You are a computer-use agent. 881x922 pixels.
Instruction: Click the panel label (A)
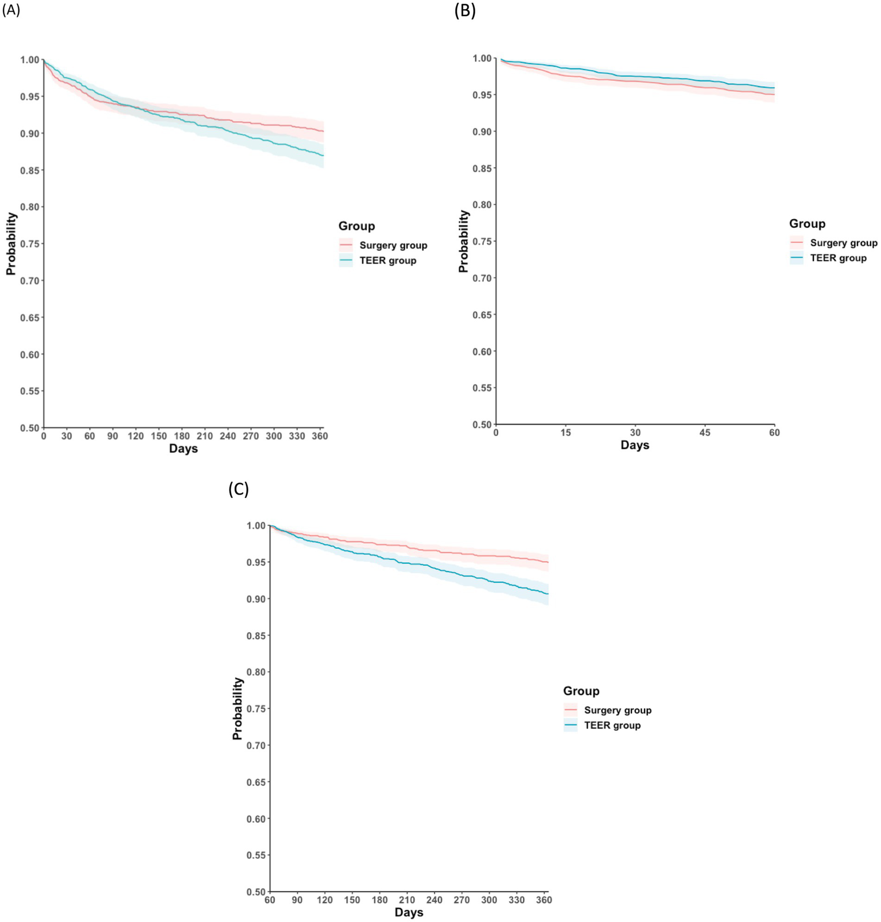(11, 10)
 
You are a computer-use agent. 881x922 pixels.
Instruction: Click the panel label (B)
(465, 10)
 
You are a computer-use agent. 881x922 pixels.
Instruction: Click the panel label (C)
(238, 489)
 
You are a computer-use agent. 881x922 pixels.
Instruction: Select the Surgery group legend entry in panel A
(393, 246)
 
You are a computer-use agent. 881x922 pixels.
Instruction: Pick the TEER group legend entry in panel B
(838, 258)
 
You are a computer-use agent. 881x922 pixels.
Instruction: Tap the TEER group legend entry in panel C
(612, 726)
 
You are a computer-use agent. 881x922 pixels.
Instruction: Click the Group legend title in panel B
(807, 224)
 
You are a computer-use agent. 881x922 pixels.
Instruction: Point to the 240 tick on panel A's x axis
(228, 436)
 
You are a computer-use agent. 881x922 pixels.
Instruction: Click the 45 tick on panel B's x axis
(705, 433)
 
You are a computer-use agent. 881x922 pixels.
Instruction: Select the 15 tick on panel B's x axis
(566, 433)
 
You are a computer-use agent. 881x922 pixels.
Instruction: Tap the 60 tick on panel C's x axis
(270, 900)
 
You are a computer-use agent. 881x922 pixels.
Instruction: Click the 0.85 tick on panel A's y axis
(30, 170)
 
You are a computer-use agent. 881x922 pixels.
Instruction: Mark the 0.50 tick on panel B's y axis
(482, 425)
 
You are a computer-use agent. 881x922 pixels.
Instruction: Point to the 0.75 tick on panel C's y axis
(256, 709)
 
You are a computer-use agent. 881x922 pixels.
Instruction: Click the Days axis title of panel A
(183, 449)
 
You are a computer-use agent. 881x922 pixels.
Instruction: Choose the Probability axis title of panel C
(238, 709)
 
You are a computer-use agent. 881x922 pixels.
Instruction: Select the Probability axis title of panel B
(464, 241)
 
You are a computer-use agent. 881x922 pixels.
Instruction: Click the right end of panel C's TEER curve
(548, 594)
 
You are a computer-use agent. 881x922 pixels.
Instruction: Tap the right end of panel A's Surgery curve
(323, 131)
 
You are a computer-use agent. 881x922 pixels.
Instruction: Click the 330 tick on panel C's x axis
(517, 900)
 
